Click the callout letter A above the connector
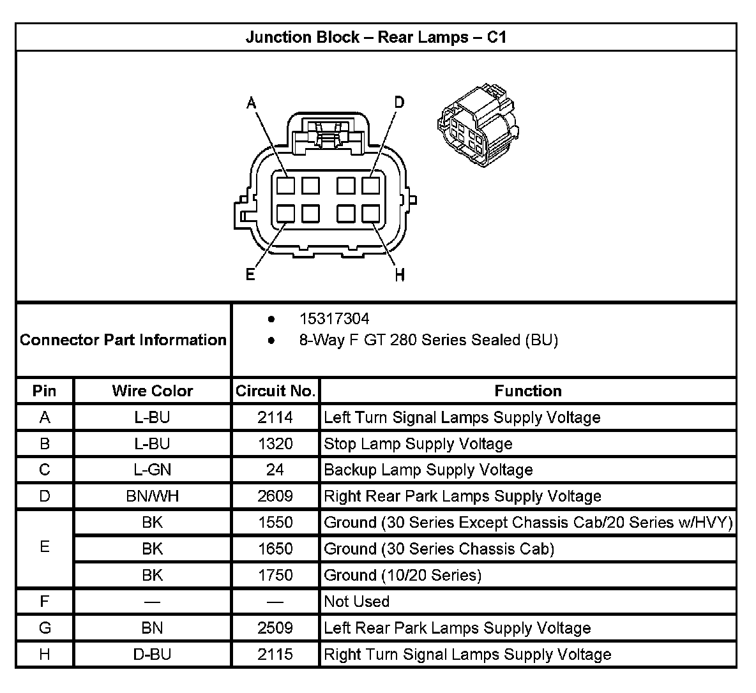point(252,103)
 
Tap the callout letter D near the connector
point(399,102)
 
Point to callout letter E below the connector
point(250,274)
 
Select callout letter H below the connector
point(400,275)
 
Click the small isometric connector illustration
point(477,126)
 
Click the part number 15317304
point(334,318)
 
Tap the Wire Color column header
point(152,391)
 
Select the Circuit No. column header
point(275,391)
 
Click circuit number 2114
point(275,417)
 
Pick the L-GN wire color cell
point(152,470)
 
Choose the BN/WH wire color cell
point(152,496)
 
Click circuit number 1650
point(275,549)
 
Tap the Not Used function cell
point(356,601)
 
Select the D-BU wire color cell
point(152,654)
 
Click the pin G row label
point(45,628)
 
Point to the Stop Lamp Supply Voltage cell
point(418,443)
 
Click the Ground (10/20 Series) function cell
point(402,575)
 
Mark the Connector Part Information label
point(123,339)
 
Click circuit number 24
point(275,470)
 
